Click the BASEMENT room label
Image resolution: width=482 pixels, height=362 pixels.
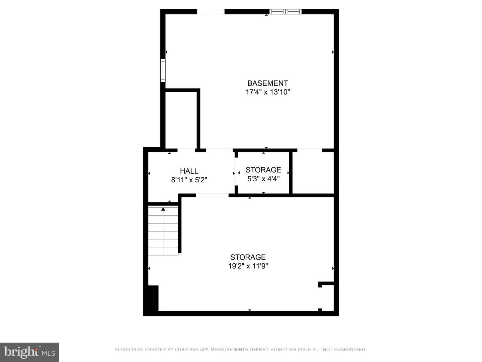coord(267,83)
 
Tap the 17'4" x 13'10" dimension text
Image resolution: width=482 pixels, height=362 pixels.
coord(268,92)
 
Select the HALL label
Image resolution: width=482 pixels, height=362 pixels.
coord(189,171)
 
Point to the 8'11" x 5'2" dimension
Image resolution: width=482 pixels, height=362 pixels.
coord(189,180)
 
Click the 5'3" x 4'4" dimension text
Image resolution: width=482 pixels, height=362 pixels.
coord(263,179)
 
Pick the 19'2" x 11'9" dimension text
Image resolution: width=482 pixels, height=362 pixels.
coord(248,266)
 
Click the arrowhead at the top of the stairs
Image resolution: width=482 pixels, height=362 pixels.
coord(163,209)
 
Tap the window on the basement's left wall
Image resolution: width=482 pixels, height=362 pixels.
coord(163,70)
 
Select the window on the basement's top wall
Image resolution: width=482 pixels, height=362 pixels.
coord(286,12)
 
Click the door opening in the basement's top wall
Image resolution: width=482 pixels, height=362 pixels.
coord(211,12)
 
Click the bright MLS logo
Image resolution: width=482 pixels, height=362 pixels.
coord(29,352)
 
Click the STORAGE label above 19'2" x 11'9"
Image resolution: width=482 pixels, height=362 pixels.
coord(248,257)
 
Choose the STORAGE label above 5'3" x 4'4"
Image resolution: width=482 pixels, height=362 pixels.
coord(263,170)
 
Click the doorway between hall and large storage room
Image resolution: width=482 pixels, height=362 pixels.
coord(212,195)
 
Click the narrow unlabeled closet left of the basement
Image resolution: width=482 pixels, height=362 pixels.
coord(181,120)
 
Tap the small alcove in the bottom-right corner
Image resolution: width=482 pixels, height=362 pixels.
coord(328,298)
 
